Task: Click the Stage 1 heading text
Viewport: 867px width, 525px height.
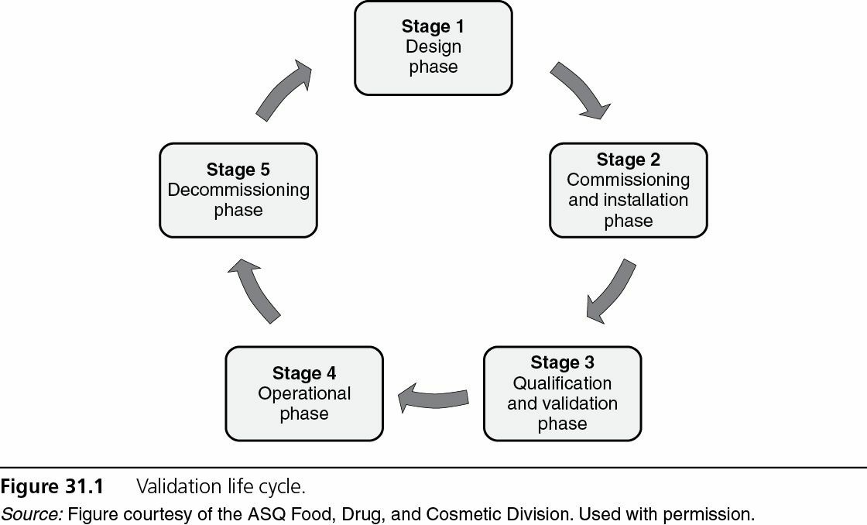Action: (x=433, y=26)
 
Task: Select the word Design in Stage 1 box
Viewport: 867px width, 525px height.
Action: (x=433, y=46)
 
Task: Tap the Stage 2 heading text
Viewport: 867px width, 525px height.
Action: (x=628, y=160)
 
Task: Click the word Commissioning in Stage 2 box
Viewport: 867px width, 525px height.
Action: (x=628, y=180)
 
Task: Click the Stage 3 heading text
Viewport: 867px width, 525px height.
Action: (x=562, y=362)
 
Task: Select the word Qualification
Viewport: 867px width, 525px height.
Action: (x=562, y=383)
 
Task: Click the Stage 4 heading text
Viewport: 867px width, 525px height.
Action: (x=303, y=373)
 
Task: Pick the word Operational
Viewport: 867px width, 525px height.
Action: (x=303, y=393)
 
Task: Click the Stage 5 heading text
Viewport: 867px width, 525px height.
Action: (x=238, y=170)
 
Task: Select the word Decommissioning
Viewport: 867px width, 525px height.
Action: (x=238, y=190)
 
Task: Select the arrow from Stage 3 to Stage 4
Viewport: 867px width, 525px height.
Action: (x=433, y=397)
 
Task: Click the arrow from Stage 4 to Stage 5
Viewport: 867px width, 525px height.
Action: (x=255, y=291)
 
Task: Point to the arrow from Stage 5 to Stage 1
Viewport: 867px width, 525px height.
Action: (x=283, y=91)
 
